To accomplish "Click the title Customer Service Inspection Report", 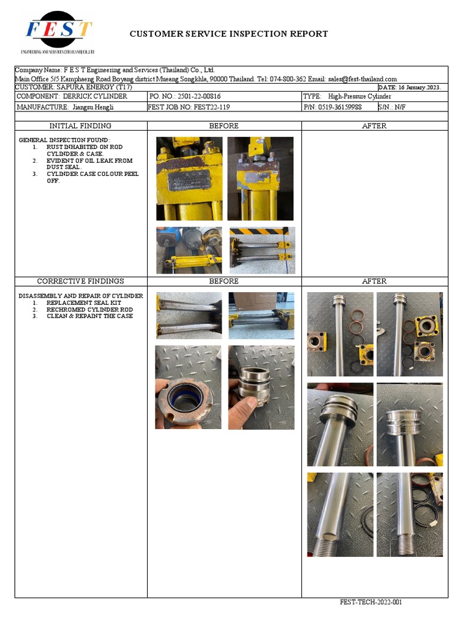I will tap(228, 34).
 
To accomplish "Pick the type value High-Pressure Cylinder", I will tap(359, 96).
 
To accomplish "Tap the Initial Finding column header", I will tap(80, 126).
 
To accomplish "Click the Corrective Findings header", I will tap(80, 281).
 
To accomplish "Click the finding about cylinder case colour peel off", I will tap(92, 177).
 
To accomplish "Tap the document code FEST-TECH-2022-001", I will tap(371, 602).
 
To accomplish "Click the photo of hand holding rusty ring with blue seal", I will tap(188, 387).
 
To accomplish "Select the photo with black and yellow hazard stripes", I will tap(262, 250).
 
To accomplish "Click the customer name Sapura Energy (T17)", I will tap(67, 87).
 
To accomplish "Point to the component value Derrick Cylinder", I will tap(95, 96).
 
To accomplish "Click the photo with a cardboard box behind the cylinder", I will tap(262, 315).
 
